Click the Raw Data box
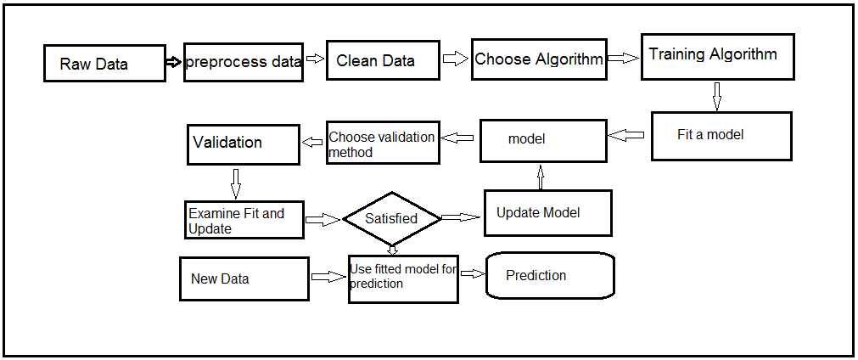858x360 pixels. [x=104, y=63]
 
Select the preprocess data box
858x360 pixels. [x=243, y=62]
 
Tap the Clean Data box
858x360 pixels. [x=384, y=59]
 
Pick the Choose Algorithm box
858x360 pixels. [x=539, y=59]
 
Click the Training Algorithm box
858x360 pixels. [x=717, y=57]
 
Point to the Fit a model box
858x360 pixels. [x=721, y=136]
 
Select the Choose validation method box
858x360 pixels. [x=383, y=143]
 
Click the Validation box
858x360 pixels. [x=244, y=143]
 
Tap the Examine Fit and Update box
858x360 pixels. [x=244, y=220]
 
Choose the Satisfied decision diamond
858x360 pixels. [x=391, y=219]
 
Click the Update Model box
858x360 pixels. [x=547, y=212]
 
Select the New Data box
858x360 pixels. [x=244, y=278]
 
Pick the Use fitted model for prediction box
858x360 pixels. [x=403, y=278]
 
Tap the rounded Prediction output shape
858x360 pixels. [x=549, y=275]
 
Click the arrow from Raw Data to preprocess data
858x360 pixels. [x=174, y=62]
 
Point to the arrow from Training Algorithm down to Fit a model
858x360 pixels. [x=716, y=96]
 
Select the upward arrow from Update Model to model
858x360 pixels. [x=540, y=176]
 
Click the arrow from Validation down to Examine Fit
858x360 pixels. [x=235, y=182]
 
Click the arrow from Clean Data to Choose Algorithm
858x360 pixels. [x=456, y=59]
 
